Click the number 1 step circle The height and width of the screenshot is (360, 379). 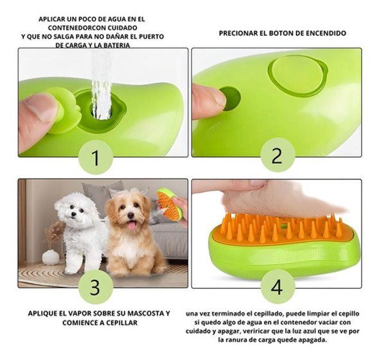point(96,155)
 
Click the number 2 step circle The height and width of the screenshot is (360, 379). point(278,155)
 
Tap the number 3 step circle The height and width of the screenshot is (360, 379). point(96,286)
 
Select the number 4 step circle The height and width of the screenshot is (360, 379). point(278,286)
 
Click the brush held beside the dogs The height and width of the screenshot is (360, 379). point(169,204)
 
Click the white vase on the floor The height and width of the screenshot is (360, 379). point(50,257)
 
